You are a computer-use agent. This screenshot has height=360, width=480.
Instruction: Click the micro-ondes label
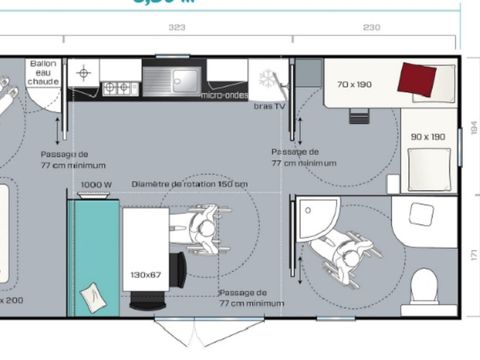click(x=225, y=95)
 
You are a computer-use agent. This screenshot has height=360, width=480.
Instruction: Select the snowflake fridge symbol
click(x=267, y=78)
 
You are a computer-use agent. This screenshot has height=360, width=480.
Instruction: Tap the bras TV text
click(x=270, y=105)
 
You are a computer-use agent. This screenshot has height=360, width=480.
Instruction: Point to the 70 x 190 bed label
click(x=354, y=84)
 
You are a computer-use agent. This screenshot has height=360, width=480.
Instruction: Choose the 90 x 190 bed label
click(x=427, y=136)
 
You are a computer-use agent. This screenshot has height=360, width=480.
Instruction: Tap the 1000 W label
click(x=95, y=184)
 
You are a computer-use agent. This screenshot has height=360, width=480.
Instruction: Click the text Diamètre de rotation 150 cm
click(x=203, y=184)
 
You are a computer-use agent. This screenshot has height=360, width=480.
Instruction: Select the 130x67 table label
click(x=145, y=274)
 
